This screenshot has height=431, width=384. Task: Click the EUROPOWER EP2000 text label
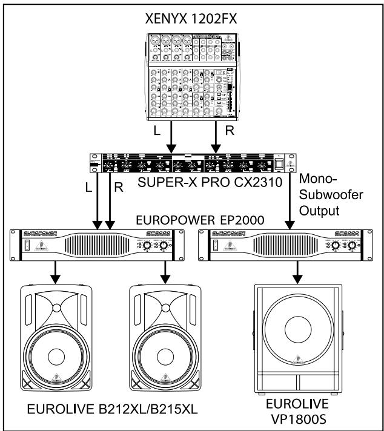coord(192,220)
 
